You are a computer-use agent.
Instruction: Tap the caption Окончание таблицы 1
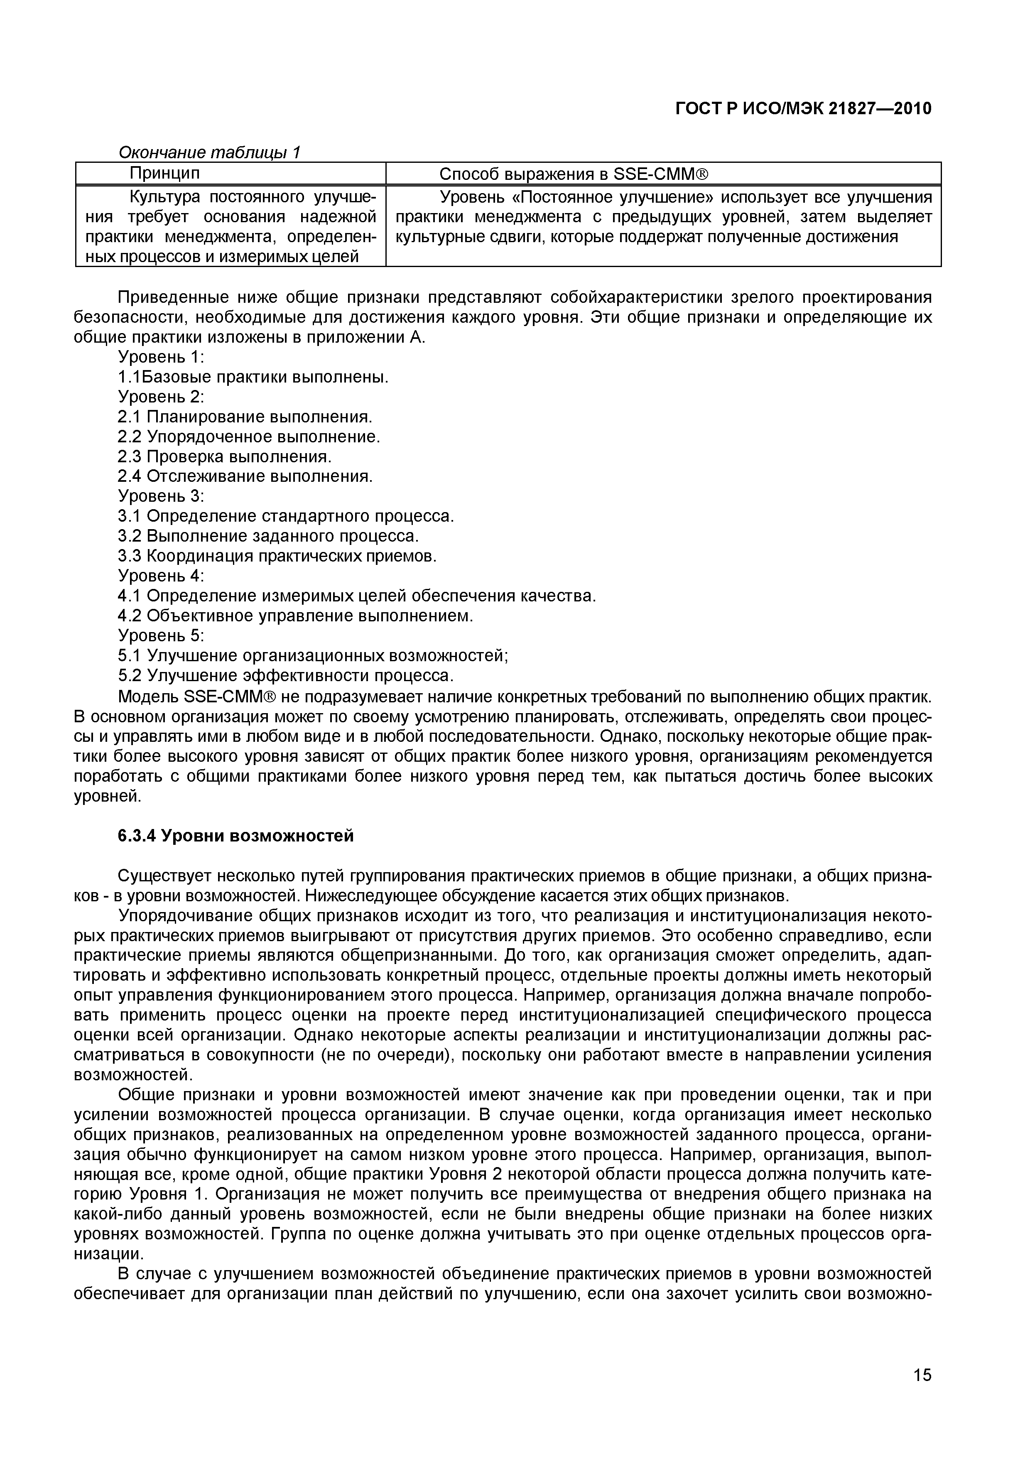click(209, 152)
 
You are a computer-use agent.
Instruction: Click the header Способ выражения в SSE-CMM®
click(573, 174)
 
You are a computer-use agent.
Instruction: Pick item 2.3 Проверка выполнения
click(225, 457)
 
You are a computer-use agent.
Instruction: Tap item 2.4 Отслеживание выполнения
click(245, 476)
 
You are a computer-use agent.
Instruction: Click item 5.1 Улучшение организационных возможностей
click(313, 655)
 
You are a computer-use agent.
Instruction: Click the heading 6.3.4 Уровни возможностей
click(235, 836)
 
